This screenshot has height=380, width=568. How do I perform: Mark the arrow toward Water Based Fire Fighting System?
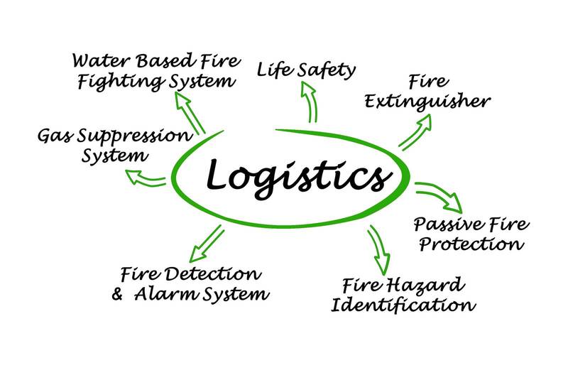[192, 113]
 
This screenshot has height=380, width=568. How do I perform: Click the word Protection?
[471, 245]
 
